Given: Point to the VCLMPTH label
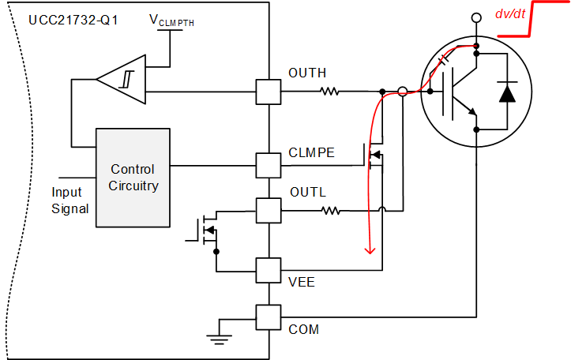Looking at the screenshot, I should (x=171, y=21).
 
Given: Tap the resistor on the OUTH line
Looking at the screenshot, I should (x=329, y=92).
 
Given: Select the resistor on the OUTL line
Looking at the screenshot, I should (x=329, y=211).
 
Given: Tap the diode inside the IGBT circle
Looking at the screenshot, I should (x=505, y=92).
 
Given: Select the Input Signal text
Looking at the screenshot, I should (x=70, y=201).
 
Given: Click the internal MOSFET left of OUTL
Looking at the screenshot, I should (x=207, y=230).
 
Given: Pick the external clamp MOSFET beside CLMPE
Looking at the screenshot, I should (x=374, y=156).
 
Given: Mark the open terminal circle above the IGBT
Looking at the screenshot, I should (x=475, y=17).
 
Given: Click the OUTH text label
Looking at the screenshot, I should (x=307, y=73).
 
